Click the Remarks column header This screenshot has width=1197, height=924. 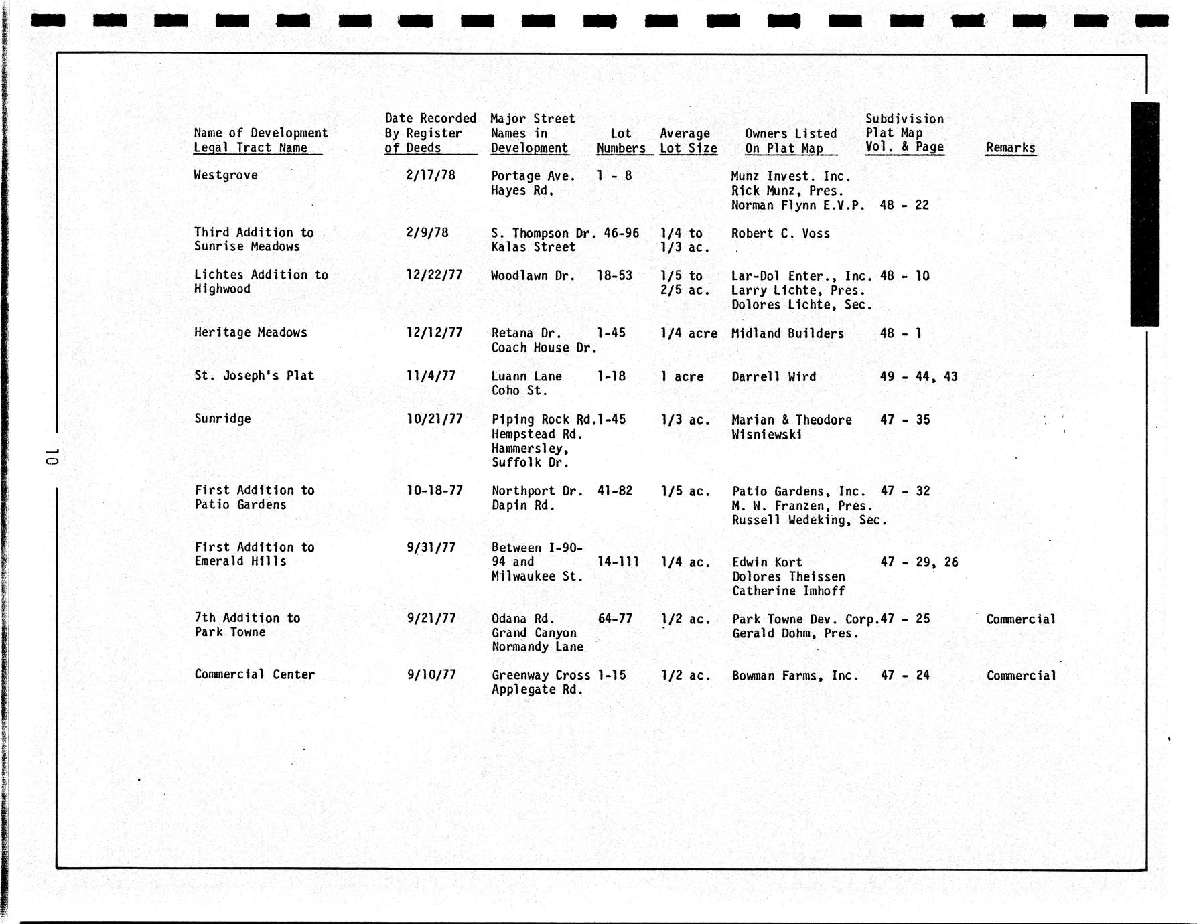[x=1010, y=148]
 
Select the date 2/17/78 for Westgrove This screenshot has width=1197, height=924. [x=430, y=175]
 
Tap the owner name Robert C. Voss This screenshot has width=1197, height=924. [x=780, y=234]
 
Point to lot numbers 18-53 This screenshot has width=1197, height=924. [x=614, y=275]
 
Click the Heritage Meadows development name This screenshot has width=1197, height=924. [x=251, y=333]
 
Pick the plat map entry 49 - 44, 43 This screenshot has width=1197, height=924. [x=918, y=377]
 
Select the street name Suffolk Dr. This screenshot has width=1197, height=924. [x=530, y=463]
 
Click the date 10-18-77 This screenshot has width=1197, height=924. [x=434, y=491]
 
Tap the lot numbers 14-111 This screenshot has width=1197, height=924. [x=618, y=562]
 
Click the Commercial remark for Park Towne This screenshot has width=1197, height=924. [x=1020, y=619]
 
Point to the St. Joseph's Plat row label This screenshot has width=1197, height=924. [x=254, y=376]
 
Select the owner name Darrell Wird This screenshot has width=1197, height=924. [x=774, y=377]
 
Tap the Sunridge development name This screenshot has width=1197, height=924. [x=222, y=419]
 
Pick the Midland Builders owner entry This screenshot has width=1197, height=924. [x=787, y=333]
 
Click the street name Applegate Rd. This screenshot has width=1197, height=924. [x=537, y=690]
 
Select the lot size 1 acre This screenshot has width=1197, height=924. [x=682, y=377]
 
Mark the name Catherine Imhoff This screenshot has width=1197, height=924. [x=788, y=591]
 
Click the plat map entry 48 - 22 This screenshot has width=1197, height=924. [x=904, y=205]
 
